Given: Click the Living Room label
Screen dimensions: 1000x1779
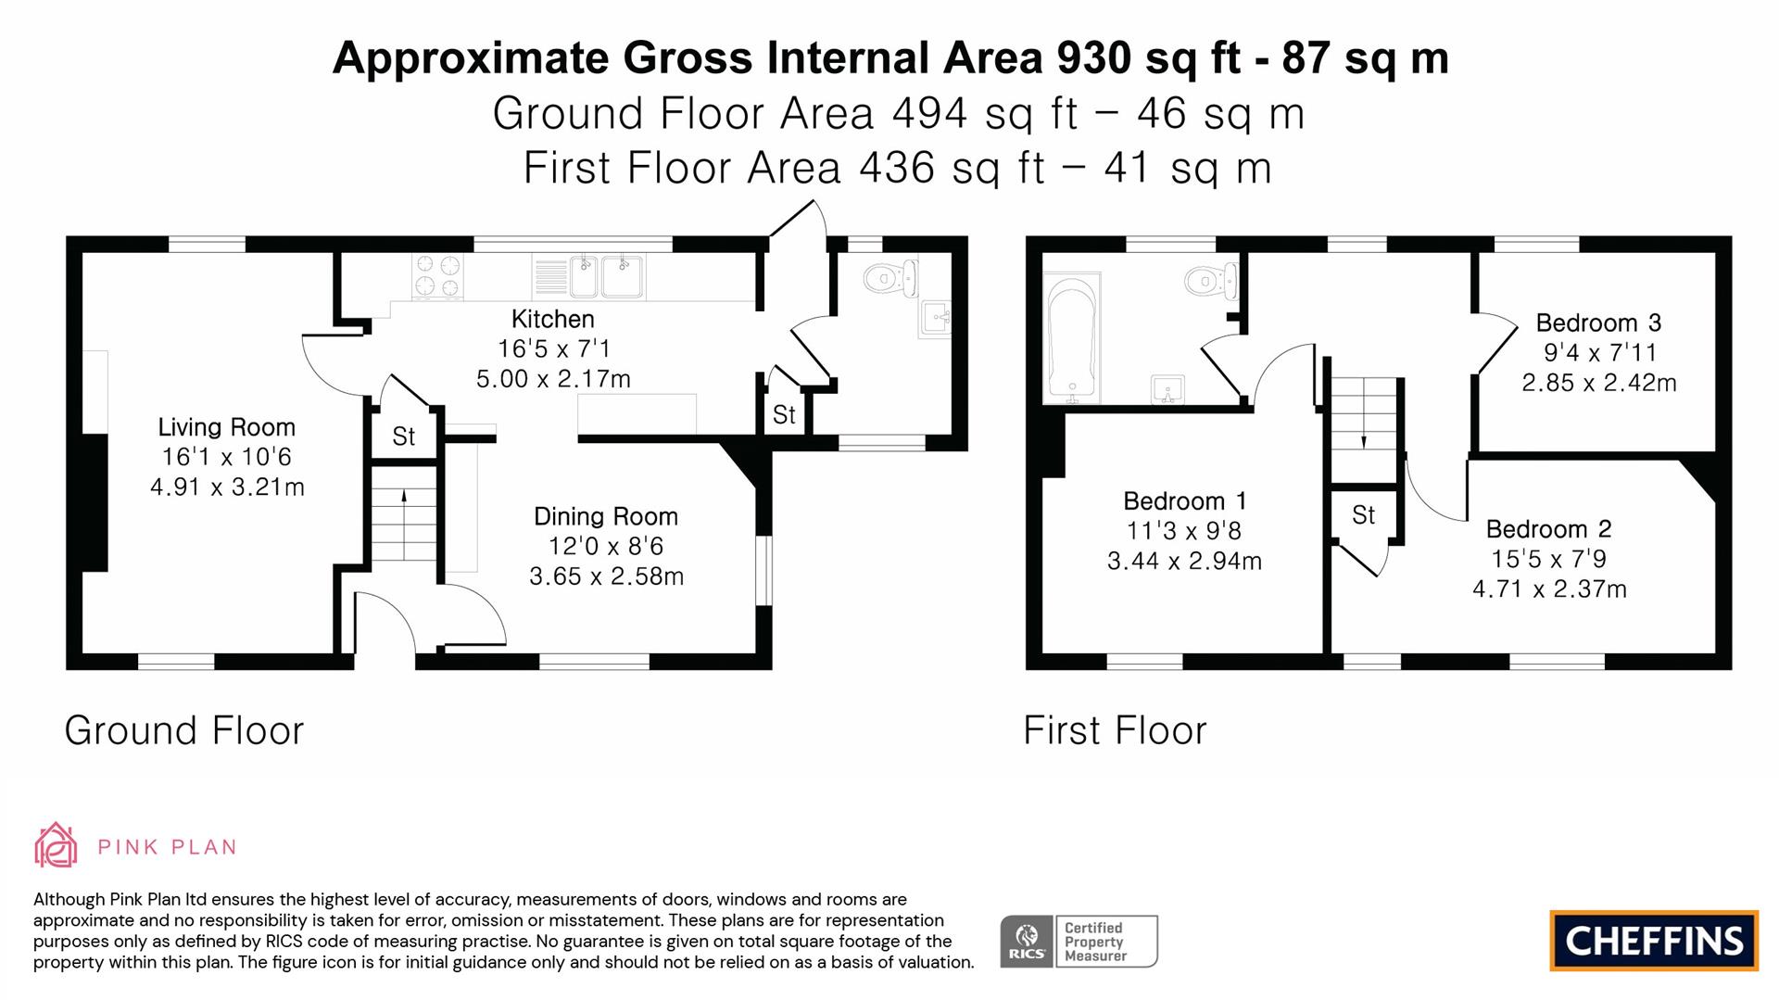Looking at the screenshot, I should pyautogui.click(x=226, y=427).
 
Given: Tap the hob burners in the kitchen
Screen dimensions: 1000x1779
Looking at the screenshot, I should pyautogui.click(x=437, y=275).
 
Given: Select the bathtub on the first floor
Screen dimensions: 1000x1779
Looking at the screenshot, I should pyautogui.click(x=1072, y=338).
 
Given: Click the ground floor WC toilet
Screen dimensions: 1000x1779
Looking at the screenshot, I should pyautogui.click(x=889, y=276).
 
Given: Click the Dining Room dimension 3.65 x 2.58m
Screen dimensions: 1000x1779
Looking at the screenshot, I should pyautogui.click(x=606, y=576).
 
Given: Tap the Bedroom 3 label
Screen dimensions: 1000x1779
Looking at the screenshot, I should pyautogui.click(x=1598, y=323).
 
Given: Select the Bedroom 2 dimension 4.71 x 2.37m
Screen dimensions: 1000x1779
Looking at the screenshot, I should pyautogui.click(x=1549, y=589).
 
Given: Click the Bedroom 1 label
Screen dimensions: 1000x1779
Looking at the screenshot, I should pyautogui.click(x=1184, y=501).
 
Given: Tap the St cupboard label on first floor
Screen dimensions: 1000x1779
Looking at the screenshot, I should pyautogui.click(x=1363, y=515).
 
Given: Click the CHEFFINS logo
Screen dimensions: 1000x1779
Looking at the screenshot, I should pyautogui.click(x=1653, y=941).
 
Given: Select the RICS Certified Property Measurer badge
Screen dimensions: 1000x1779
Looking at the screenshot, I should pyautogui.click(x=1079, y=942).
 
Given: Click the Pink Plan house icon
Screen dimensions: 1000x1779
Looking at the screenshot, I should pyautogui.click(x=56, y=845).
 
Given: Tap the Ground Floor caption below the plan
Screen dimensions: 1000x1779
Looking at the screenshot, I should pyautogui.click(x=183, y=730).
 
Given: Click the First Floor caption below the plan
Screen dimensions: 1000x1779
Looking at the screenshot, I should pyautogui.click(x=1115, y=730).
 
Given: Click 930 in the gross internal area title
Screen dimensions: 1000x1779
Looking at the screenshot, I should pyautogui.click(x=1092, y=57).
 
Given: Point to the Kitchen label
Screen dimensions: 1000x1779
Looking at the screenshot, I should pyautogui.click(x=552, y=319).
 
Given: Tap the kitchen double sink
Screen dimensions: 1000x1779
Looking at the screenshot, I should pyautogui.click(x=607, y=275).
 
